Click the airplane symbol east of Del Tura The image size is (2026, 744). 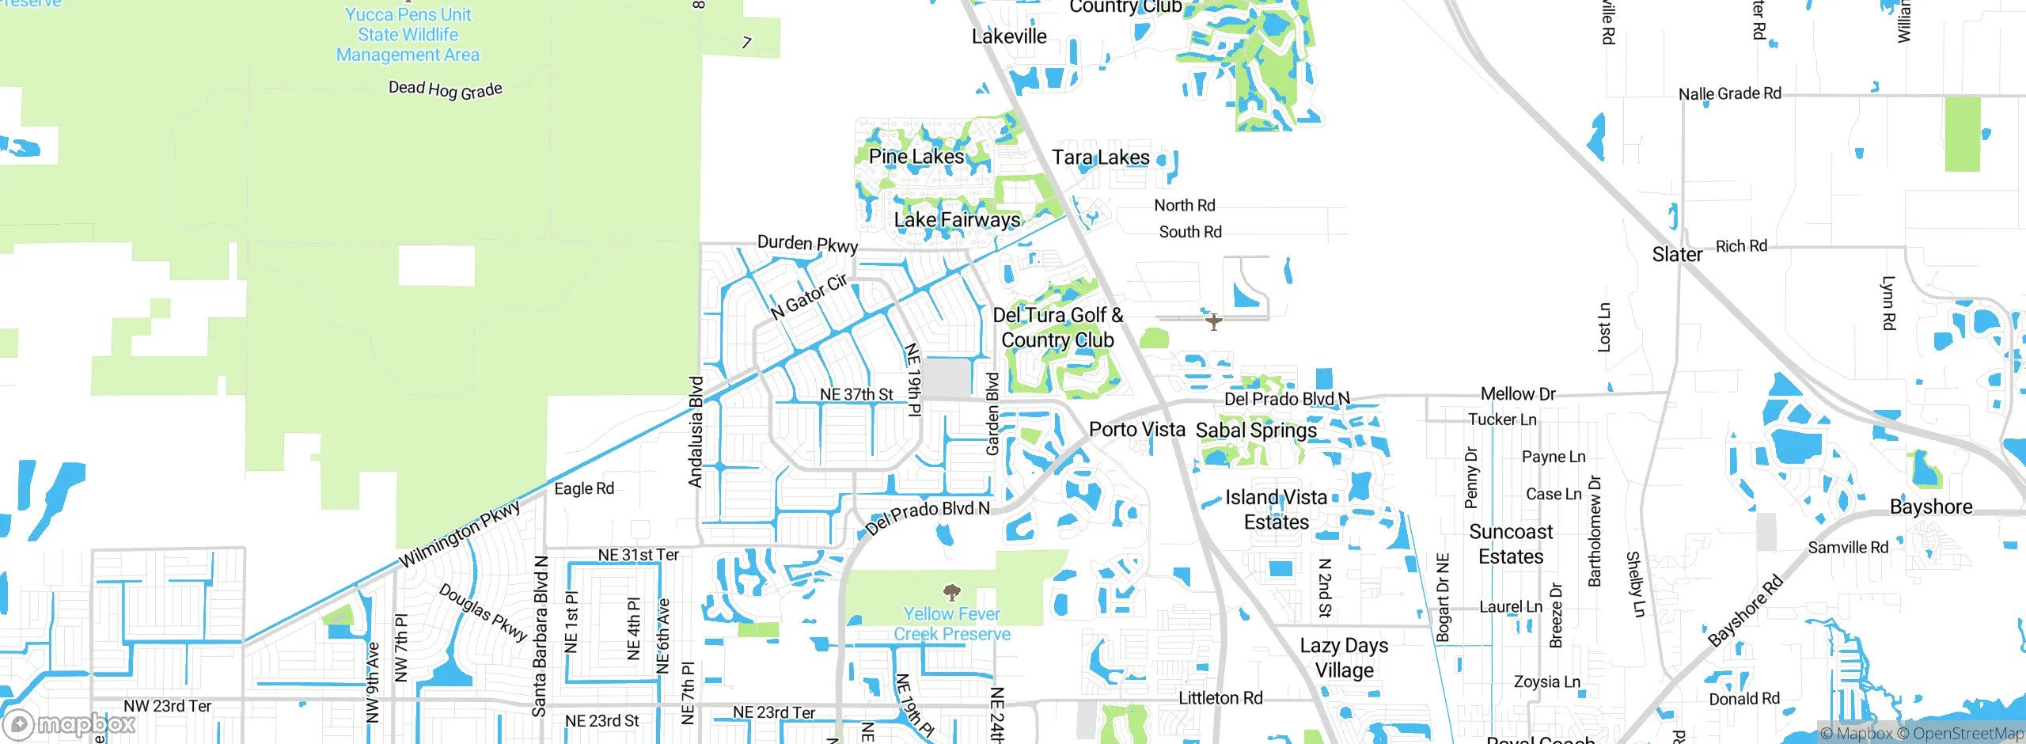pyautogui.click(x=1213, y=321)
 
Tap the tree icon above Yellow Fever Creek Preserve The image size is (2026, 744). pyautogui.click(x=952, y=592)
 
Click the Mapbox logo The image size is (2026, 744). pyautogui.click(x=70, y=723)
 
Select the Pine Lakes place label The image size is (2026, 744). pyautogui.click(x=916, y=157)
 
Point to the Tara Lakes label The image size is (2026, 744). pyautogui.click(x=1100, y=158)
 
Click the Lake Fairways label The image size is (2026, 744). pyautogui.click(x=957, y=220)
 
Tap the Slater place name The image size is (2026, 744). pyautogui.click(x=1676, y=255)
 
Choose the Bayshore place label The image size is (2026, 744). pyautogui.click(x=1930, y=507)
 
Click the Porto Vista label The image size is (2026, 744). pyautogui.click(x=1136, y=430)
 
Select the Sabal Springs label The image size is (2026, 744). pyautogui.click(x=1256, y=431)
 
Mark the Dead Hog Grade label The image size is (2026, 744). pyautogui.click(x=445, y=89)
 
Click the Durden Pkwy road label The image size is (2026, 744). pyautogui.click(x=807, y=244)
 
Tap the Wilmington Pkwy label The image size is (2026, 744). pyautogui.click(x=459, y=534)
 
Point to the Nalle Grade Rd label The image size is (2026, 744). pyautogui.click(x=1729, y=94)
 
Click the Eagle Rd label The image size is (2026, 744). pyautogui.click(x=584, y=489)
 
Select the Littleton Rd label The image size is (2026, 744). pyautogui.click(x=1220, y=698)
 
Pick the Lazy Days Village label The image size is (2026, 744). pyautogui.click(x=1344, y=658)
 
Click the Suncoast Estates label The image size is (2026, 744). pyautogui.click(x=1511, y=545)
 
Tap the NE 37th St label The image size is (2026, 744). pyautogui.click(x=856, y=394)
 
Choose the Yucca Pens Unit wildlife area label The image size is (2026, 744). pyautogui.click(x=408, y=35)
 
